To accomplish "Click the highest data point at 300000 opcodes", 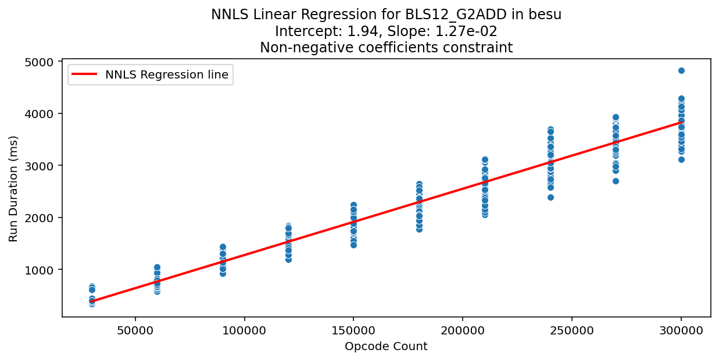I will (681, 70).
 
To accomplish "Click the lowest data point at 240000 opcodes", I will (550, 197).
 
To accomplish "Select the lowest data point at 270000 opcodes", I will (616, 181).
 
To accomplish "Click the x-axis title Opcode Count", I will (386, 347).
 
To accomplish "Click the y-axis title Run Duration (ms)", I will (13, 188).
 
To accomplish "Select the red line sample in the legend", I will (85, 74).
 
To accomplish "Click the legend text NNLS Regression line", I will (167, 74).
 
